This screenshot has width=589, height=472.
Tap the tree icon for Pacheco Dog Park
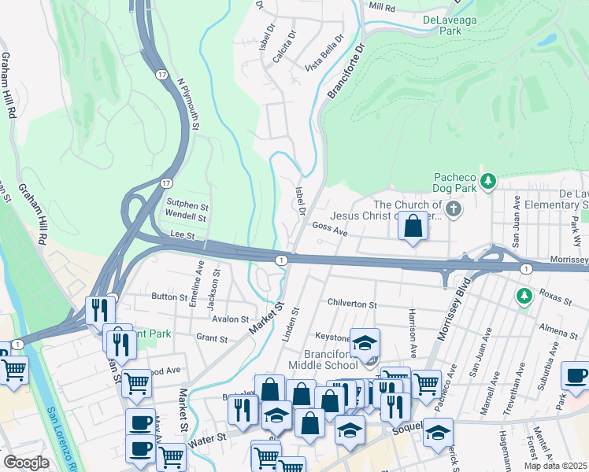click(489, 182)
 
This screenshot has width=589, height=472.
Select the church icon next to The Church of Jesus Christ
click(453, 209)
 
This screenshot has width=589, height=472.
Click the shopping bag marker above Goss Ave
click(413, 227)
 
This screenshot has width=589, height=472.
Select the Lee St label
click(181, 234)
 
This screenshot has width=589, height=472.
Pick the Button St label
click(169, 297)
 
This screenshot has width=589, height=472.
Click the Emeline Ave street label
click(198, 286)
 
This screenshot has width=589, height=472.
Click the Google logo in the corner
click(26, 463)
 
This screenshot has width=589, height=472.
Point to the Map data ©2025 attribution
click(556, 466)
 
